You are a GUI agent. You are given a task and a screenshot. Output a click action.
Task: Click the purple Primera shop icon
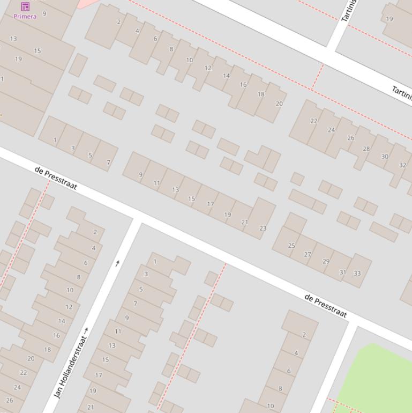(x=25, y=6)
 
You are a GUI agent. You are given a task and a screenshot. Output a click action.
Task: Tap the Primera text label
(x=25, y=17)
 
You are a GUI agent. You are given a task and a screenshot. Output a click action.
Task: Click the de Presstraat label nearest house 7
(x=56, y=178)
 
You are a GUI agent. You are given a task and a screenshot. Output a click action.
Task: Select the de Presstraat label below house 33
(x=326, y=305)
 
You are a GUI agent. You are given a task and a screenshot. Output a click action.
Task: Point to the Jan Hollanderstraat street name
(x=71, y=367)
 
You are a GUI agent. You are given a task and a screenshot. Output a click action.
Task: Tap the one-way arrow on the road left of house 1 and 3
(x=117, y=263)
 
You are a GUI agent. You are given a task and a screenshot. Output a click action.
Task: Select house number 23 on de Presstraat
(x=263, y=228)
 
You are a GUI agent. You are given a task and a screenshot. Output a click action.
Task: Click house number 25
(x=291, y=246)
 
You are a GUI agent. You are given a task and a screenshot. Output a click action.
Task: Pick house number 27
(x=308, y=254)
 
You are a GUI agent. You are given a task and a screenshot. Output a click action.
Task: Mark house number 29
(x=326, y=261)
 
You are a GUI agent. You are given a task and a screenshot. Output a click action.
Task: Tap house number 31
(x=343, y=272)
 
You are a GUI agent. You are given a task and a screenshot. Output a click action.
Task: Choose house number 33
(x=357, y=273)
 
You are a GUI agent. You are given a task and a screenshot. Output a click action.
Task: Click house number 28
(x=366, y=149)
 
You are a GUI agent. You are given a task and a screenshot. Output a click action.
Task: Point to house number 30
(x=385, y=156)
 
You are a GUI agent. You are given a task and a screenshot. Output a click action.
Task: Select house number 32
(x=402, y=165)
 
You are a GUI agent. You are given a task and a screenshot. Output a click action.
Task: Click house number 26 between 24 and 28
(x=350, y=138)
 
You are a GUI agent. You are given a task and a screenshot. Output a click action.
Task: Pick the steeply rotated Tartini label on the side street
(x=349, y=11)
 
